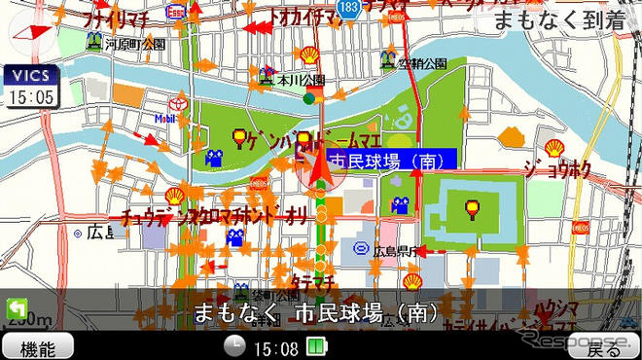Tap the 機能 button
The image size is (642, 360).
(38, 347)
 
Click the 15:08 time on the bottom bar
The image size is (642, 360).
(274, 347)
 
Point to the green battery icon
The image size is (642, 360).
(315, 346)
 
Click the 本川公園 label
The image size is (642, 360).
(298, 79)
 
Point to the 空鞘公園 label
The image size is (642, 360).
(425, 64)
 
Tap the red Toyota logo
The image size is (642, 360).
(178, 104)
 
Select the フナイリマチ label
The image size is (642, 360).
(113, 18)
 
